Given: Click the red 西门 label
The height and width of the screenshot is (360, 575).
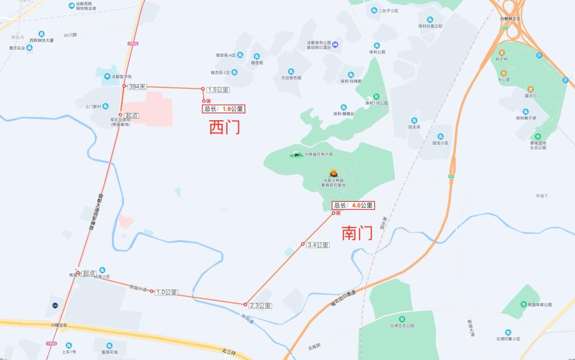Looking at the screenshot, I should tap(224, 127).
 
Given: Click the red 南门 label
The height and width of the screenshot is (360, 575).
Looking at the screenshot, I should tap(356, 233).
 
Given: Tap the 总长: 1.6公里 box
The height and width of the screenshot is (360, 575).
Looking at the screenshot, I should tap(223, 109).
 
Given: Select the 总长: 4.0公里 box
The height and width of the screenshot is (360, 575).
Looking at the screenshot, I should tap(353, 205).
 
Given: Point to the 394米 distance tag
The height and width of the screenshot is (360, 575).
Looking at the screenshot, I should tap(137, 86).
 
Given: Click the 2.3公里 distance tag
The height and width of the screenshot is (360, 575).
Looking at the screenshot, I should tap(260, 306).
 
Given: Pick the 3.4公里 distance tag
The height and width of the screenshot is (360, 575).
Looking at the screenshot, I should tap(318, 245).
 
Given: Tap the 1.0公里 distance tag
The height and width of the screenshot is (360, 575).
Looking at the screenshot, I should tap(167, 292).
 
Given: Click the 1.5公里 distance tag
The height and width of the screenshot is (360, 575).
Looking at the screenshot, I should tap(218, 89).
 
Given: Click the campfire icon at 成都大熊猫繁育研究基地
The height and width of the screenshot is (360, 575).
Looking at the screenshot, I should tap(333, 173).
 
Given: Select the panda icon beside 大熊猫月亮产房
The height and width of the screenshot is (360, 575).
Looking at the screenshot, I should tap(296, 154).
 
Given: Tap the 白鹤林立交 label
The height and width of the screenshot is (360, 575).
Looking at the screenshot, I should tap(510, 19).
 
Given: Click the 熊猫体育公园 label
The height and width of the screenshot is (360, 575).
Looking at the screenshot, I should tap(539, 305).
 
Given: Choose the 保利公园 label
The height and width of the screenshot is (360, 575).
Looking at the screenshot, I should tap(376, 52).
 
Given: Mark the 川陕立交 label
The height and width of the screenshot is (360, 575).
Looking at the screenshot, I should tap(59, 324).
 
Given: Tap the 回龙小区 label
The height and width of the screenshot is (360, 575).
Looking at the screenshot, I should tap(440, 143).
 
